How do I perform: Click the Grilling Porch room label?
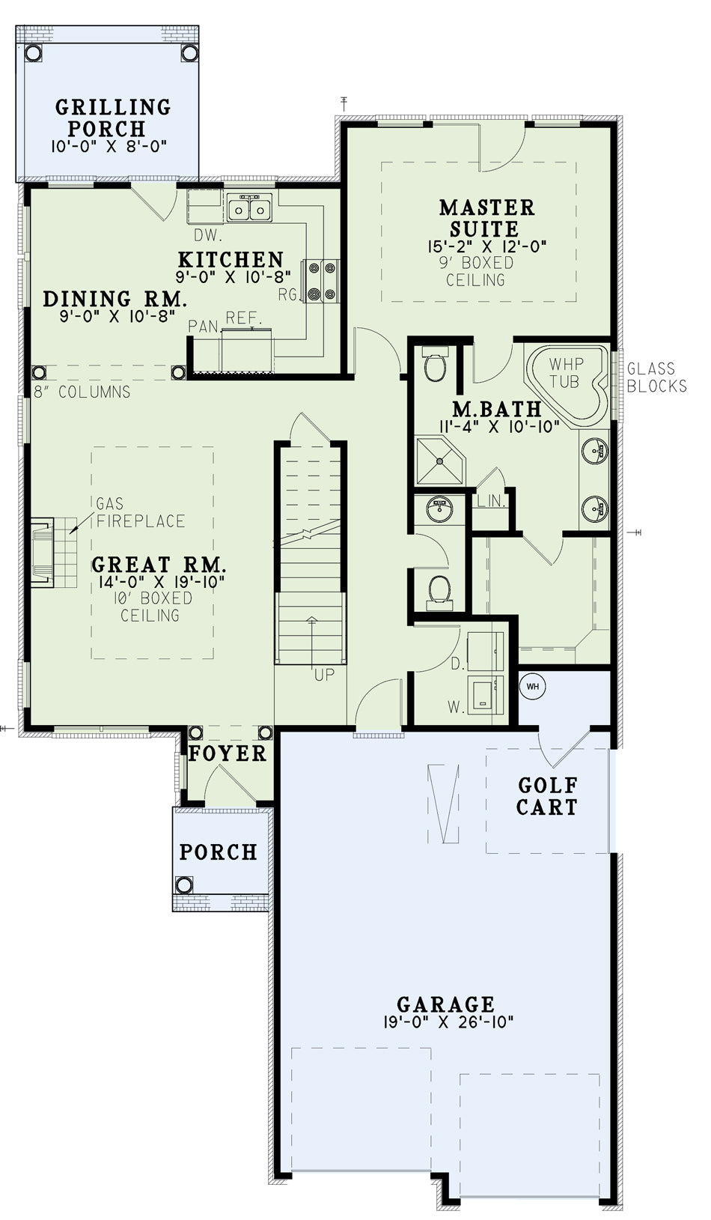(113, 118)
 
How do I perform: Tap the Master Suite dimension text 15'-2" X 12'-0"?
(487, 246)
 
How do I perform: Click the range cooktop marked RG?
(323, 281)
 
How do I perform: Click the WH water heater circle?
(532, 686)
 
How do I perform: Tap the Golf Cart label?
(547, 795)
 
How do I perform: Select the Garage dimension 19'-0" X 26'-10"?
(448, 1022)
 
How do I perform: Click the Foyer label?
(228, 753)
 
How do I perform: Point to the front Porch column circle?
(184, 884)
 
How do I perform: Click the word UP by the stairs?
(325, 675)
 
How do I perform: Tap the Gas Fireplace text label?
(141, 512)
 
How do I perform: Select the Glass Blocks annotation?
(656, 377)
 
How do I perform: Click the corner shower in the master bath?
(440, 461)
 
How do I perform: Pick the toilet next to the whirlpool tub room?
(435, 364)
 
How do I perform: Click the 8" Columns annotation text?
(82, 392)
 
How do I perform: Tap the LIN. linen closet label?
(492, 501)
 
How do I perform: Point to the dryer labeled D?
(486, 651)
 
